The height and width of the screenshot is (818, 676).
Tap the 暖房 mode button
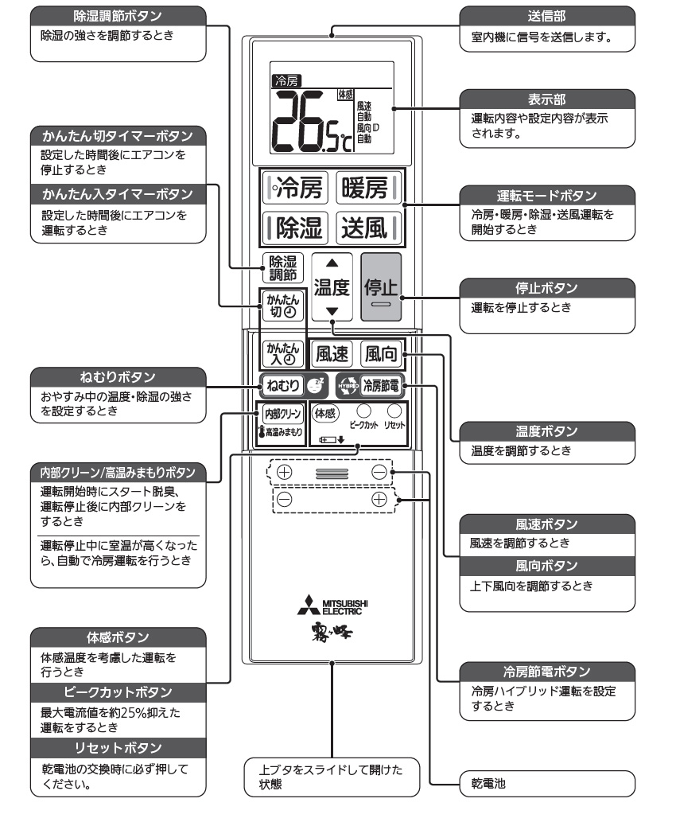coord(367,189)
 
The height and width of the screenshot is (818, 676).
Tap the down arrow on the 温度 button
coord(332,312)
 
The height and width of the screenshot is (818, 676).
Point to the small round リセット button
coord(393,411)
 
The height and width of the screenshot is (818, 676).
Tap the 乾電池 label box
coord(548,784)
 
